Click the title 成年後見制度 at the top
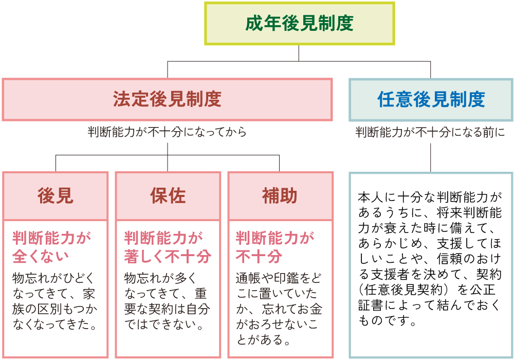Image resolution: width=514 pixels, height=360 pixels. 299,23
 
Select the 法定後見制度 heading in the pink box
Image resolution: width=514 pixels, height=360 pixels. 167,99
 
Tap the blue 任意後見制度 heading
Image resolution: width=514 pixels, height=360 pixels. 431,99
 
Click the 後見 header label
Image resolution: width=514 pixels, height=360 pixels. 56,196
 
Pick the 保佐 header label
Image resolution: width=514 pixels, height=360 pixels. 168,196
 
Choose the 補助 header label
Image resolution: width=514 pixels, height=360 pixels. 280,196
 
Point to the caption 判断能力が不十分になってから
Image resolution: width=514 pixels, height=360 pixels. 167,132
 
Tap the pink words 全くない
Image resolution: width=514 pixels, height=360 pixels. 41,256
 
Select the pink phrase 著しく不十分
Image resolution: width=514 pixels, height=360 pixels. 168,256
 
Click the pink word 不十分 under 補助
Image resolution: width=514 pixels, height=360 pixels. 259,256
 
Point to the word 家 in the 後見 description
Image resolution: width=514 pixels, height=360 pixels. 89,294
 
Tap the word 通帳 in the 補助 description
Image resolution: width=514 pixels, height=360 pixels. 248,278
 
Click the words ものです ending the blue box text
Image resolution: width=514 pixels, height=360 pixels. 383,320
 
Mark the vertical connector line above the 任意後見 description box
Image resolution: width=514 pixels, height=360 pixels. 431,157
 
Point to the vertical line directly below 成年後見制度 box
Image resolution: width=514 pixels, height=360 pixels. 299,53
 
